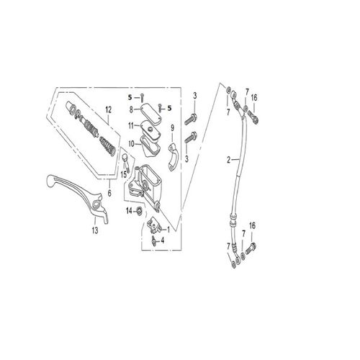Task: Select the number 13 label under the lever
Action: point(94,230)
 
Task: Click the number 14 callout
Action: point(129,210)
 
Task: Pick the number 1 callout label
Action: point(168,229)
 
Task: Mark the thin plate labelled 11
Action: point(150,128)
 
